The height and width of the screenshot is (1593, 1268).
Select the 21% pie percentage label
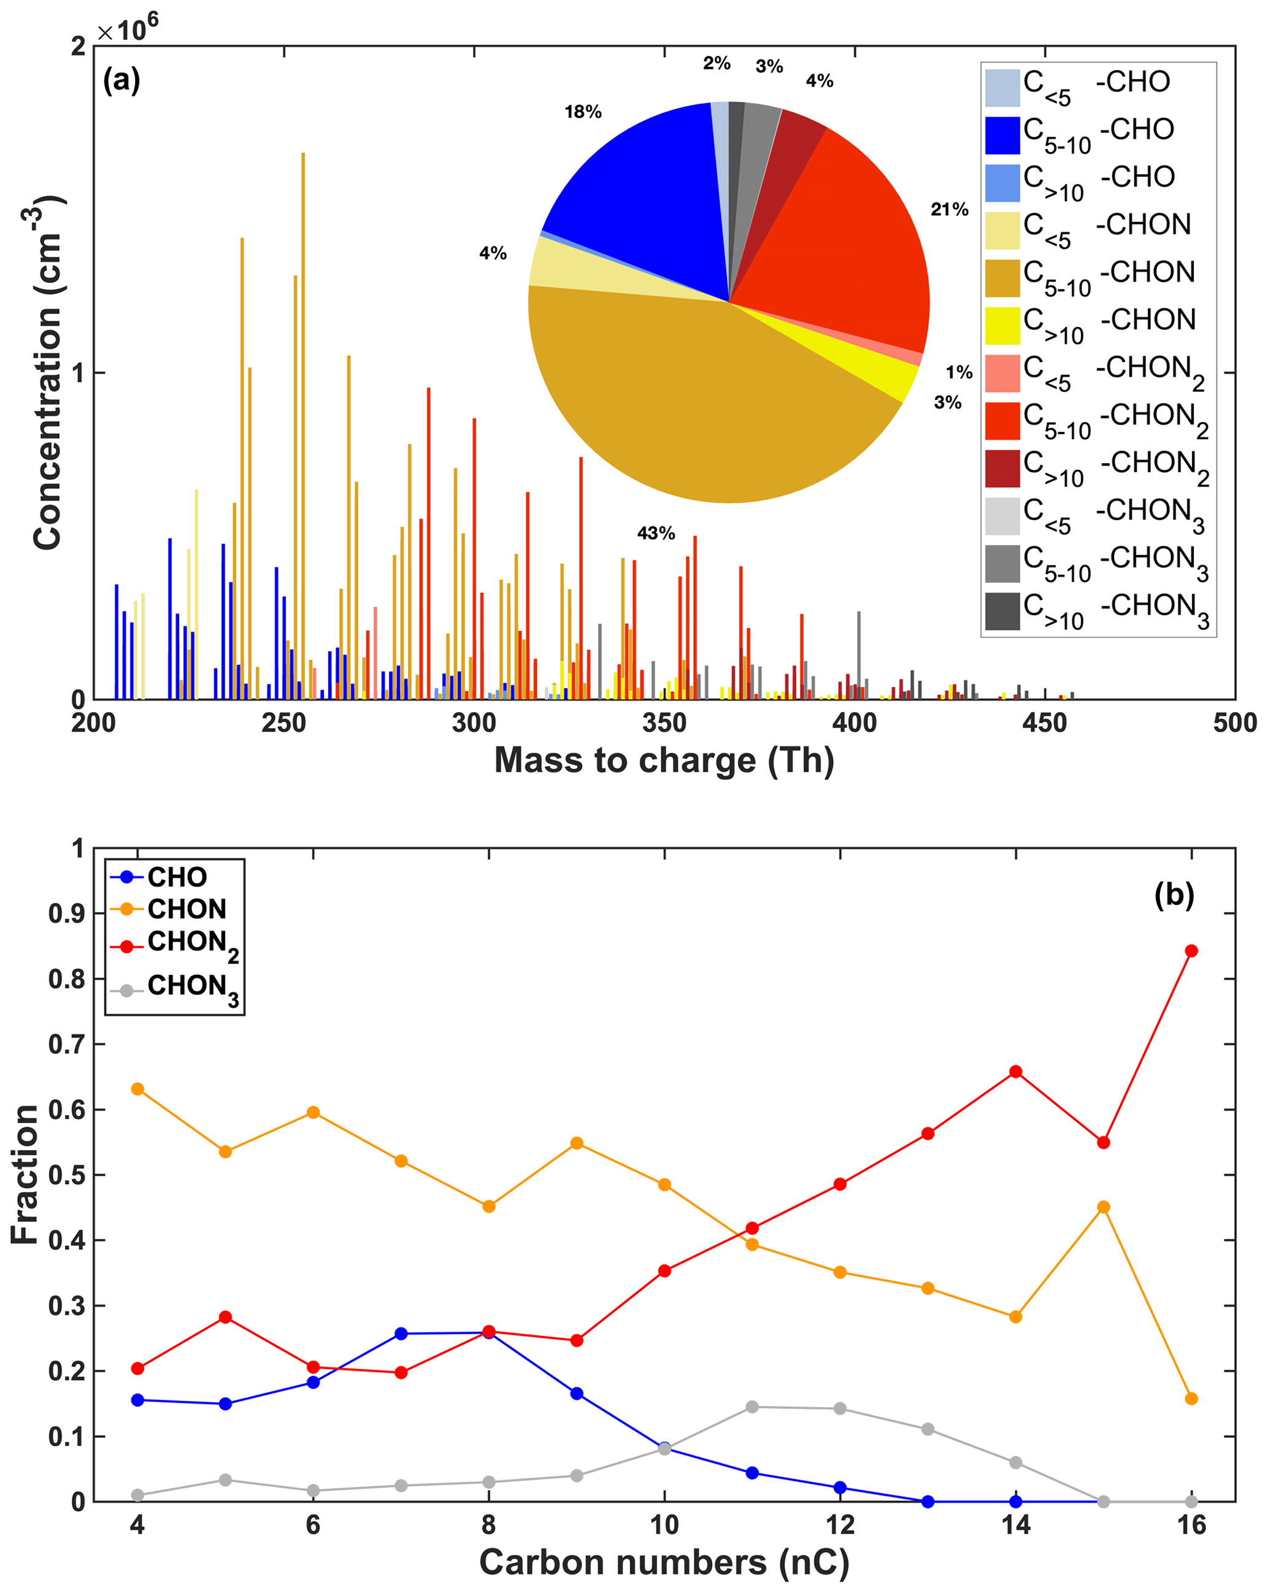pyautogui.click(x=949, y=210)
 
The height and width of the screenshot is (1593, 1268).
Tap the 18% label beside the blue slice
pyautogui.click(x=582, y=112)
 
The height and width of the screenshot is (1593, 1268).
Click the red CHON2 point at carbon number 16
pyautogui.click(x=1191, y=951)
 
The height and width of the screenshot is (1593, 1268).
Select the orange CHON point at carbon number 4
pyautogui.click(x=137, y=1089)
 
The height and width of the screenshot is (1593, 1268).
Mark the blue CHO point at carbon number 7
pyautogui.click(x=401, y=1334)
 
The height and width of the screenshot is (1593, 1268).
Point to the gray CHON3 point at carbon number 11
pyautogui.click(x=752, y=1407)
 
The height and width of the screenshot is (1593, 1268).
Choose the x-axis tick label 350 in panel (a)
pyautogui.click(x=664, y=724)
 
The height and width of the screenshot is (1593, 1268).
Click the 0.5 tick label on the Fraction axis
pyautogui.click(x=66, y=1175)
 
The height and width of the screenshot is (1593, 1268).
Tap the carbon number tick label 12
pyautogui.click(x=839, y=1525)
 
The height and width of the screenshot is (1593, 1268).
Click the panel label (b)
pyautogui.click(x=1174, y=895)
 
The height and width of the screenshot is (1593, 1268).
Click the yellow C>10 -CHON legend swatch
pyautogui.click(x=1002, y=326)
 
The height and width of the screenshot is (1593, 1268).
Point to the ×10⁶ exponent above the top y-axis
pyautogui.click(x=127, y=30)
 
